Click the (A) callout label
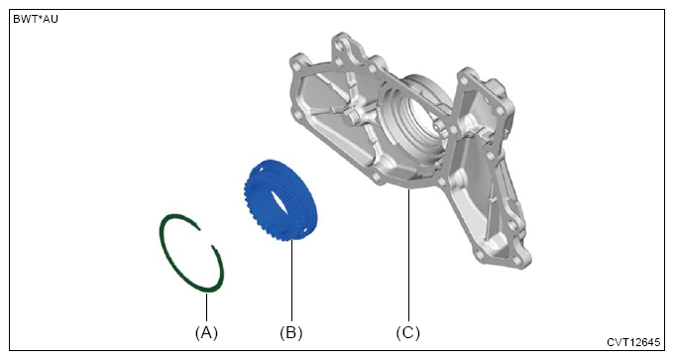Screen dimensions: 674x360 (x=206, y=332)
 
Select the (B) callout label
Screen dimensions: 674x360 (x=291, y=332)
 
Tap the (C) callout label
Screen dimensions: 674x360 (x=408, y=332)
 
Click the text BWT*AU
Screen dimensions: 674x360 (x=36, y=20)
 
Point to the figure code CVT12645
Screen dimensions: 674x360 (x=633, y=342)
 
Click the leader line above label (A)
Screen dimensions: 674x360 (x=207, y=307)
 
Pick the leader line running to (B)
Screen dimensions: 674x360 (x=291, y=282)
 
